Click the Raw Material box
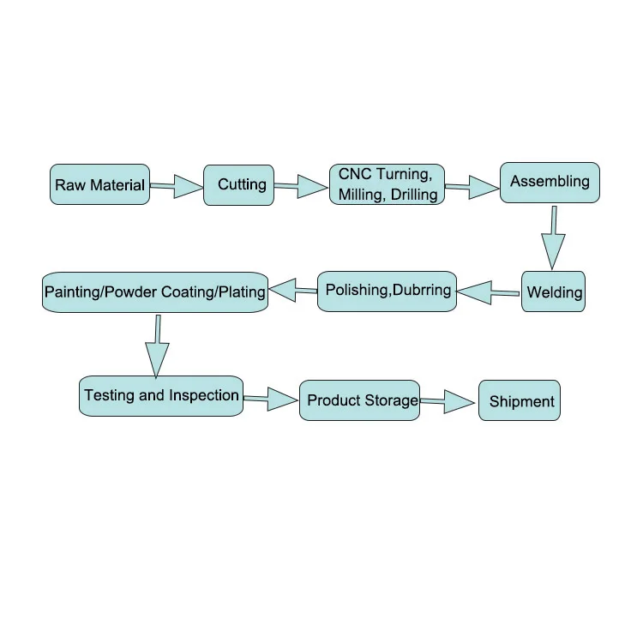(x=99, y=184)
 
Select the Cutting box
(x=238, y=185)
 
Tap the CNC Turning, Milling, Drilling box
(x=387, y=184)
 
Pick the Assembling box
(x=550, y=183)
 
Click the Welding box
(x=553, y=291)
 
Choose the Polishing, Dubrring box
(x=387, y=291)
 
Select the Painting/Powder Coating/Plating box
(x=155, y=292)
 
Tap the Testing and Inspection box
(x=161, y=396)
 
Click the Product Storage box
(x=359, y=400)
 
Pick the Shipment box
(x=520, y=400)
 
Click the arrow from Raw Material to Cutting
(x=177, y=187)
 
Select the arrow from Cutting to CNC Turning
(x=301, y=187)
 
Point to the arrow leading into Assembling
(x=472, y=188)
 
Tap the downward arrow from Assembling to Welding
(x=553, y=237)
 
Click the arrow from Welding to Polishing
(x=488, y=292)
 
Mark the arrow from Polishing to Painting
(x=293, y=291)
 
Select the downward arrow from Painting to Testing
(x=157, y=346)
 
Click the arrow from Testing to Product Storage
(x=271, y=399)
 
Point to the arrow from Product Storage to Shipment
(x=448, y=401)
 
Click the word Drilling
(x=414, y=195)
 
